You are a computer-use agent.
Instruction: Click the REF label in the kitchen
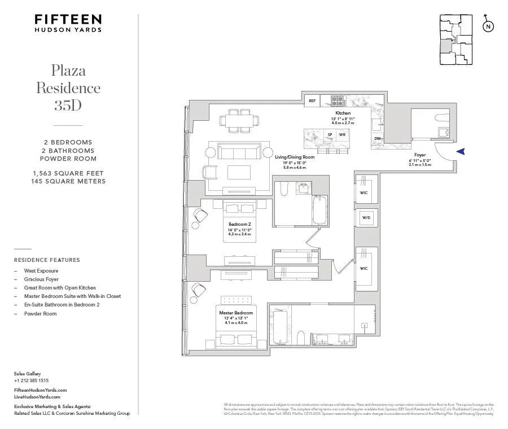pos(312,101)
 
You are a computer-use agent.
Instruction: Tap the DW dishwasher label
pos(377,138)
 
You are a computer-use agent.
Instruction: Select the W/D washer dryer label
pos(366,217)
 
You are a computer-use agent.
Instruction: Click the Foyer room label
pos(420,154)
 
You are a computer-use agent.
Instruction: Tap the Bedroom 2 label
pos(240,224)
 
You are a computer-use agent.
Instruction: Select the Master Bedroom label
pos(236,312)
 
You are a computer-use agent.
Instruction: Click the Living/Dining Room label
pos(294,156)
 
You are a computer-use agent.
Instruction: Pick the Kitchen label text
pos(343,113)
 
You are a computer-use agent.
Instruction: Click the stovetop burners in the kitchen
pos(338,101)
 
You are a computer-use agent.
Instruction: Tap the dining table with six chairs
pos(240,121)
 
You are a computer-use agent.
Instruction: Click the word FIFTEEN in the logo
pos(68,19)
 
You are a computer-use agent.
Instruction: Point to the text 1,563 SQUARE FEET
pos(68,173)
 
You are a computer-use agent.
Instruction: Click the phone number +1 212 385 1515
pos(31,380)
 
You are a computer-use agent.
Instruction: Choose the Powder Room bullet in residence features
pos(40,313)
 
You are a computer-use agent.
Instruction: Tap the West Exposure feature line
pos(41,270)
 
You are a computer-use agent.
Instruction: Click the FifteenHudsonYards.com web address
pos(40,390)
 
